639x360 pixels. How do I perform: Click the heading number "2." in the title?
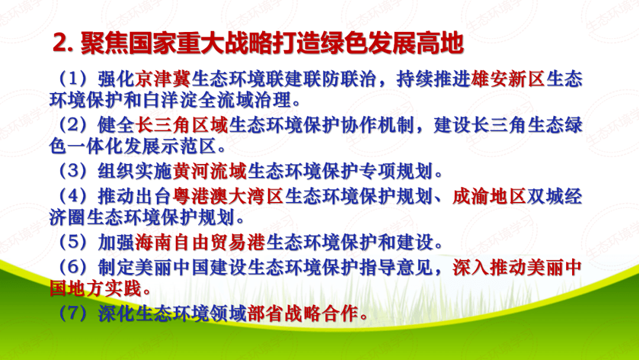click(x=63, y=44)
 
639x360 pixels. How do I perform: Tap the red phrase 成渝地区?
click(x=490, y=197)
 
